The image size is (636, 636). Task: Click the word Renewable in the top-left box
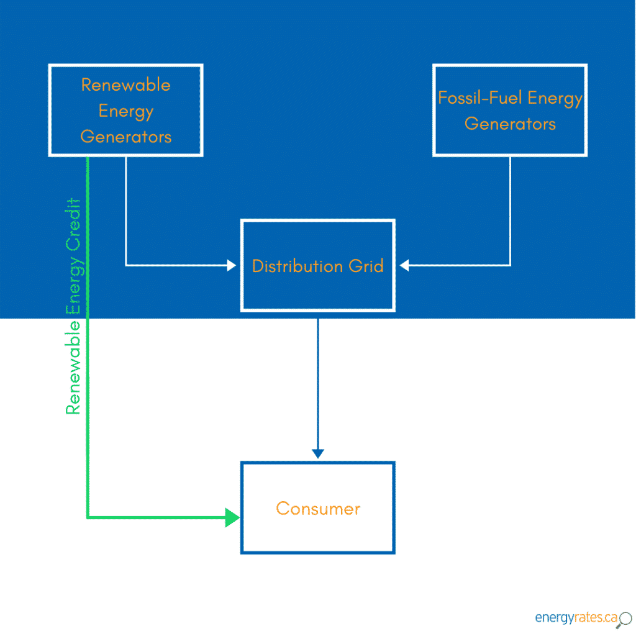(x=126, y=85)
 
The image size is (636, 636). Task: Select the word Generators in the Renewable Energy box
(x=126, y=137)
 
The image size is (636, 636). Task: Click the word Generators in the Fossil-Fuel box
(x=510, y=124)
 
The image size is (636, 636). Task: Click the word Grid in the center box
(x=365, y=266)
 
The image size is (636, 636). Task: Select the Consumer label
(x=317, y=509)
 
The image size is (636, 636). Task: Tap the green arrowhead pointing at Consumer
(x=232, y=517)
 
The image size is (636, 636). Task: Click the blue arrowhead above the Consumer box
(x=318, y=454)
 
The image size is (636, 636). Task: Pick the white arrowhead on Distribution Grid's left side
(x=232, y=266)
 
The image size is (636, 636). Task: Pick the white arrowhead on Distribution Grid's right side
(x=404, y=266)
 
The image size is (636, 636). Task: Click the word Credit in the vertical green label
(x=74, y=224)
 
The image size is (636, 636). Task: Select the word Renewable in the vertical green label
(x=74, y=368)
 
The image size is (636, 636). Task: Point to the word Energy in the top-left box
(x=126, y=112)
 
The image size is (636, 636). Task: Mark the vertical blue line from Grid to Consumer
(x=318, y=385)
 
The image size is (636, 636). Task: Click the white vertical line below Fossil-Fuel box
(x=511, y=211)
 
